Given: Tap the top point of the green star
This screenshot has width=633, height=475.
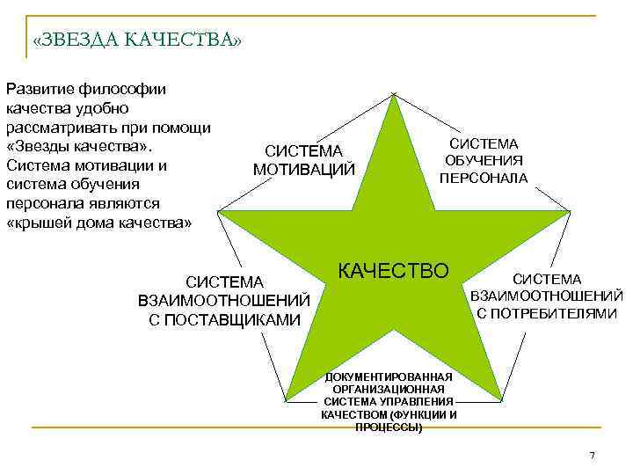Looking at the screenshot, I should (395, 94).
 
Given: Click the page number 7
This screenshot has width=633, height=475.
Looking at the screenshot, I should (592, 455).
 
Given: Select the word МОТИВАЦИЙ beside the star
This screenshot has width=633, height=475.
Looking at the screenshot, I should (304, 170).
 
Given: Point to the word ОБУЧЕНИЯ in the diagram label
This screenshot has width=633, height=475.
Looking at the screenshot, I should (484, 160).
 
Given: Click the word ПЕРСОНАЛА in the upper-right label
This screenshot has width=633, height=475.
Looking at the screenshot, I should (484, 178).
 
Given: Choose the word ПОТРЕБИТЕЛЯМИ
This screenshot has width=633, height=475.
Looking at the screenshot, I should (547, 312).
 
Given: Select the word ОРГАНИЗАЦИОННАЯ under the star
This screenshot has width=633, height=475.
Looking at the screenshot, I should (389, 389).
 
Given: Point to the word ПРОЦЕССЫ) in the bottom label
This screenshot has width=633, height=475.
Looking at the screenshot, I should (389, 427).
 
